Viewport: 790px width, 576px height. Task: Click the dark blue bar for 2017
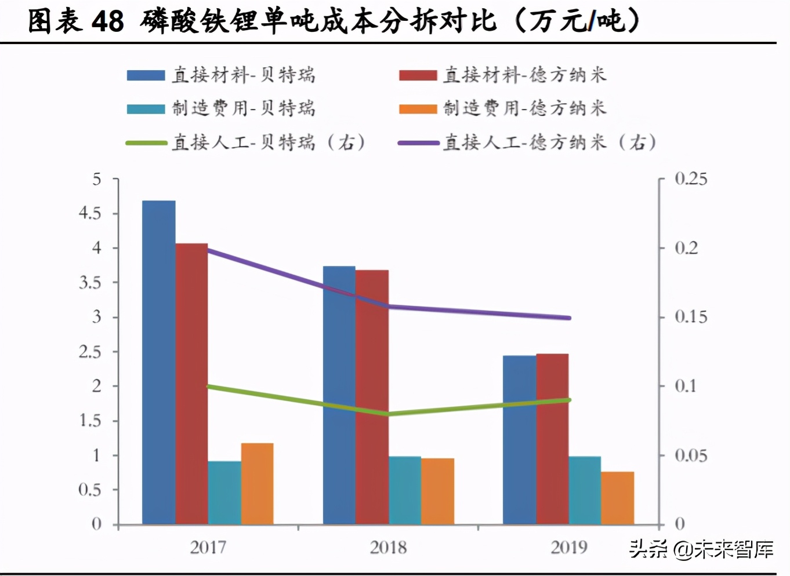159,362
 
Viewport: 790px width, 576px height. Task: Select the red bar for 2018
372,397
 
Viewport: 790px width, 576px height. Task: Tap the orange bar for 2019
618,498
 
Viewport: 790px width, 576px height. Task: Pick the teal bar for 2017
224,493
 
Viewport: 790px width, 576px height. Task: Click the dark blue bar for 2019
519,440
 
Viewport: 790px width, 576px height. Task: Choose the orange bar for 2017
257,484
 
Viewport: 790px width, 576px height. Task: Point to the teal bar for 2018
405,490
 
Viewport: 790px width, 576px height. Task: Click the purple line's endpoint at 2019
569,318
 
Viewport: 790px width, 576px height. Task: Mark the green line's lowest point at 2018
389,414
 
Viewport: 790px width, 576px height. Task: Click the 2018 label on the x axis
388,547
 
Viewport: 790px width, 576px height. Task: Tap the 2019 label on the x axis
568,547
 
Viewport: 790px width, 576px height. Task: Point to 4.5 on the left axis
90,214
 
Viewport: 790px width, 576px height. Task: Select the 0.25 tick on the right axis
690,179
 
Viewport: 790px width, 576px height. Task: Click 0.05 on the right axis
690,455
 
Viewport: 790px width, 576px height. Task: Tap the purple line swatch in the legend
418,143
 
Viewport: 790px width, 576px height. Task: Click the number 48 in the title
107,21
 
